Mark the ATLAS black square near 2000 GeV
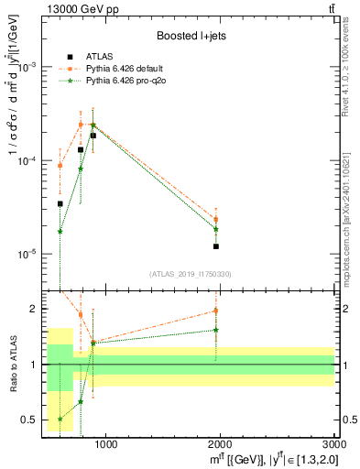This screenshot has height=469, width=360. click(x=216, y=246)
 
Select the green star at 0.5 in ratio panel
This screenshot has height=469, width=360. click(x=60, y=419)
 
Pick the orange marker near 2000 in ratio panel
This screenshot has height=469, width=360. click(x=216, y=311)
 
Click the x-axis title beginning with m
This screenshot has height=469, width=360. click(x=265, y=459)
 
